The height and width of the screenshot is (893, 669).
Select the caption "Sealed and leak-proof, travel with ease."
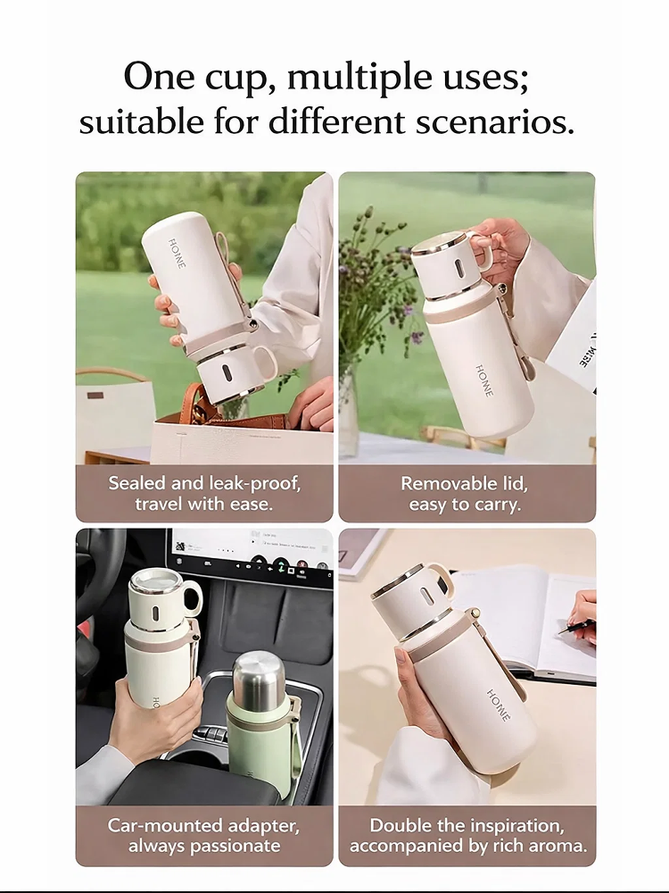[204, 493]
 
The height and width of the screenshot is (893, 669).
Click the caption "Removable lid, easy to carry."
[464, 493]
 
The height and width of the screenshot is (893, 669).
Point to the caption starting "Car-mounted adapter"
[204, 835]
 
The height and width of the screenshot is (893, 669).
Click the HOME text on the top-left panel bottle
[178, 253]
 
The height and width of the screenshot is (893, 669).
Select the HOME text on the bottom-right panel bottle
[500, 705]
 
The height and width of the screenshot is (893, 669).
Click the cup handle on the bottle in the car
[192, 598]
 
